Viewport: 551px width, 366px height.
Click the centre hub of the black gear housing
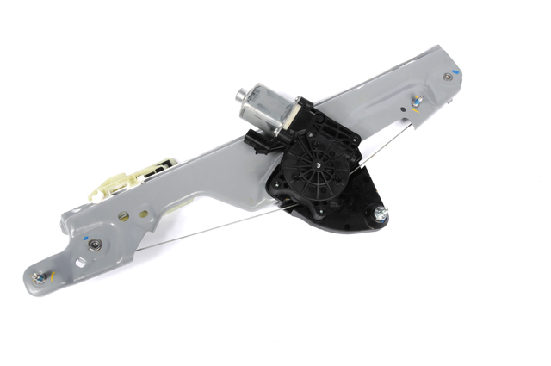coord(320,163)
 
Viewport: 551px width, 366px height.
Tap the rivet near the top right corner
coord(448,78)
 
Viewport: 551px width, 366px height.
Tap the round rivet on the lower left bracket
coord(94,245)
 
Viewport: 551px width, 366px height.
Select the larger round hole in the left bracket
coord(121,216)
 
